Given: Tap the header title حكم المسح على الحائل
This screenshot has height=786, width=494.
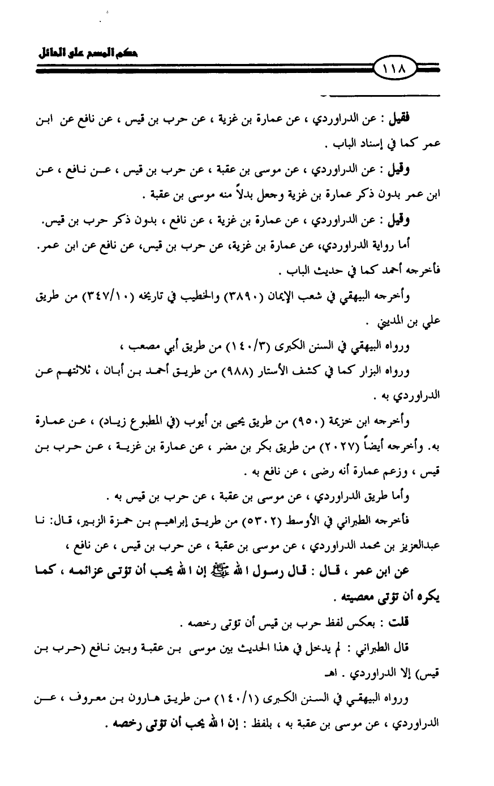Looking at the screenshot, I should (87, 55).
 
